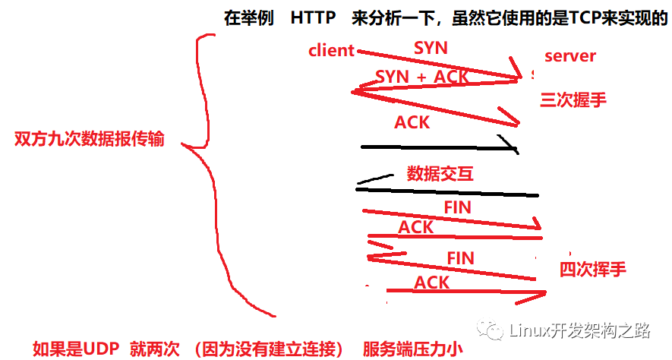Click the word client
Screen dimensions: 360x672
pos(332,51)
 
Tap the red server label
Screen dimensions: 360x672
pos(570,56)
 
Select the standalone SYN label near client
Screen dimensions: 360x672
pos(431,48)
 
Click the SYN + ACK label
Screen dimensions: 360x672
pos(422,77)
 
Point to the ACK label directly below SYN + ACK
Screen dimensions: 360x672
pos(412,122)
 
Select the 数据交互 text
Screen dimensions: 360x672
pos(440,173)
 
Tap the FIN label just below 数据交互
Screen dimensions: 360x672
pos(457,207)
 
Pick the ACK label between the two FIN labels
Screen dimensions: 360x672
pos(416,226)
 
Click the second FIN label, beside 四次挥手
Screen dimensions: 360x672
pos(460,258)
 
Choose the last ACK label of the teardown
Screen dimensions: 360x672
pos(432,283)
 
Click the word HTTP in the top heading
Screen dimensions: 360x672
pos(313,18)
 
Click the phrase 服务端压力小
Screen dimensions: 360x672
pos(412,349)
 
